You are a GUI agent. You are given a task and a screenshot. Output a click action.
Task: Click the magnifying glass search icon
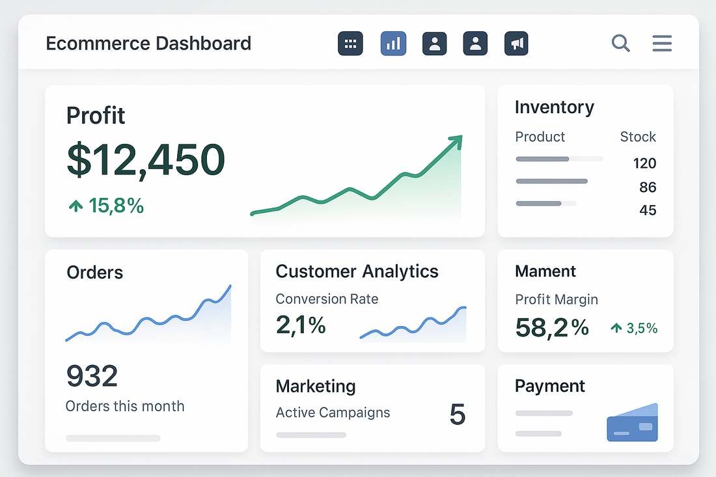click(x=620, y=44)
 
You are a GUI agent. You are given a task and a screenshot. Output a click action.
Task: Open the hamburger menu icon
click(x=662, y=44)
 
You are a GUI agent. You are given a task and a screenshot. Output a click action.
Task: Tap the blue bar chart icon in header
click(x=393, y=44)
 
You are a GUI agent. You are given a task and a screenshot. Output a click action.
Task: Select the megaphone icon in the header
click(x=516, y=44)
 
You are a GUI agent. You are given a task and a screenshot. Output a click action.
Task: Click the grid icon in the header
click(x=350, y=44)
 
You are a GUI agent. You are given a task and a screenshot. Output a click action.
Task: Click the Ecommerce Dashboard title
click(x=148, y=44)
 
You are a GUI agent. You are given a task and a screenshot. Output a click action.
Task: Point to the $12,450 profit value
click(x=146, y=159)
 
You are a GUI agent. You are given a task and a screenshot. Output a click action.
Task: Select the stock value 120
click(x=644, y=163)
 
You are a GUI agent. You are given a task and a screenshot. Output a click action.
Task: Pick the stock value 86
click(x=647, y=187)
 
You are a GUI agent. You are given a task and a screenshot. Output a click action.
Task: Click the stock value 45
click(x=647, y=210)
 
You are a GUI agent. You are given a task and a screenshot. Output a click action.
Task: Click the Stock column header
click(x=637, y=137)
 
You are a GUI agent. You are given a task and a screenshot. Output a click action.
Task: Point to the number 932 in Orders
click(x=92, y=376)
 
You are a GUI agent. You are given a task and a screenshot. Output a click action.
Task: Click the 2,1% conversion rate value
click(x=301, y=325)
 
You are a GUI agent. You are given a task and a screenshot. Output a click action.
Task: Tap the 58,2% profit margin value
click(x=551, y=327)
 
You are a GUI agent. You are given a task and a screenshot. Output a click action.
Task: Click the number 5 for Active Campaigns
click(x=458, y=415)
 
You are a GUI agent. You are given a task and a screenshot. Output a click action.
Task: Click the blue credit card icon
click(x=632, y=424)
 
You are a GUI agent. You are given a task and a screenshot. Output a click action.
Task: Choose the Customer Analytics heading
click(x=357, y=271)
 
